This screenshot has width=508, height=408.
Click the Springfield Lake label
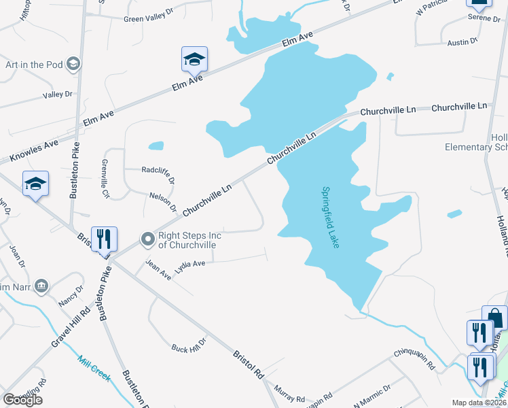click(331, 218)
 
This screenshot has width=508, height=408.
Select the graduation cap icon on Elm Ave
click(194, 60)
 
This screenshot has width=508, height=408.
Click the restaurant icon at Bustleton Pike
click(104, 239)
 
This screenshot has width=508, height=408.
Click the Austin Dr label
click(462, 42)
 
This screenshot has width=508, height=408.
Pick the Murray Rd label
click(289, 393)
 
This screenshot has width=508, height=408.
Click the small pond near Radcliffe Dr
click(156, 145)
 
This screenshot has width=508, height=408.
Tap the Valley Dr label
click(57, 95)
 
